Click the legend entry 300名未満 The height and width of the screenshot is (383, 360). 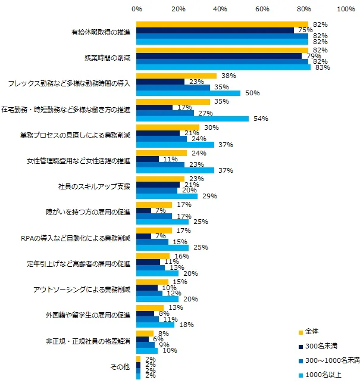[324, 345]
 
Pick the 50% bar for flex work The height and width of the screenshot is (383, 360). [188, 93]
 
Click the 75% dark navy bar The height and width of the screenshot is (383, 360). [215, 30]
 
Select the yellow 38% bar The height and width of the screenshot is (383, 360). [176, 76]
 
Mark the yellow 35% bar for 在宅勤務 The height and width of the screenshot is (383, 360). [173, 102]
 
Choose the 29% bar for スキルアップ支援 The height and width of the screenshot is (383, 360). [167, 195]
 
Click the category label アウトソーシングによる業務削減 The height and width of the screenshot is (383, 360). [87, 289]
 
